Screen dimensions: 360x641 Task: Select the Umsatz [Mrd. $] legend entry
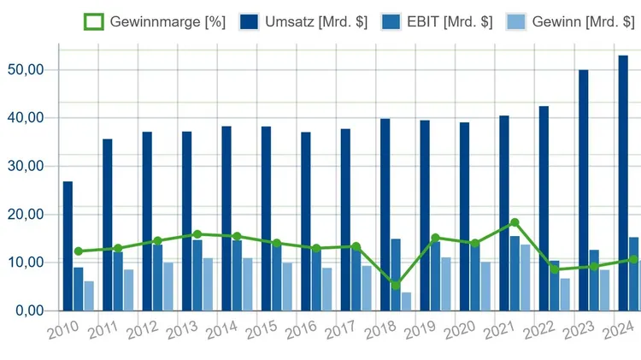click(304, 22)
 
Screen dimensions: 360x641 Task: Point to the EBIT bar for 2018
click(396, 274)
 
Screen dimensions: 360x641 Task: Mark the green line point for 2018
click(396, 286)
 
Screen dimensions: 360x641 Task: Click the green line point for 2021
click(515, 222)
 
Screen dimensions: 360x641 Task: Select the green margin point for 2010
click(79, 251)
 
